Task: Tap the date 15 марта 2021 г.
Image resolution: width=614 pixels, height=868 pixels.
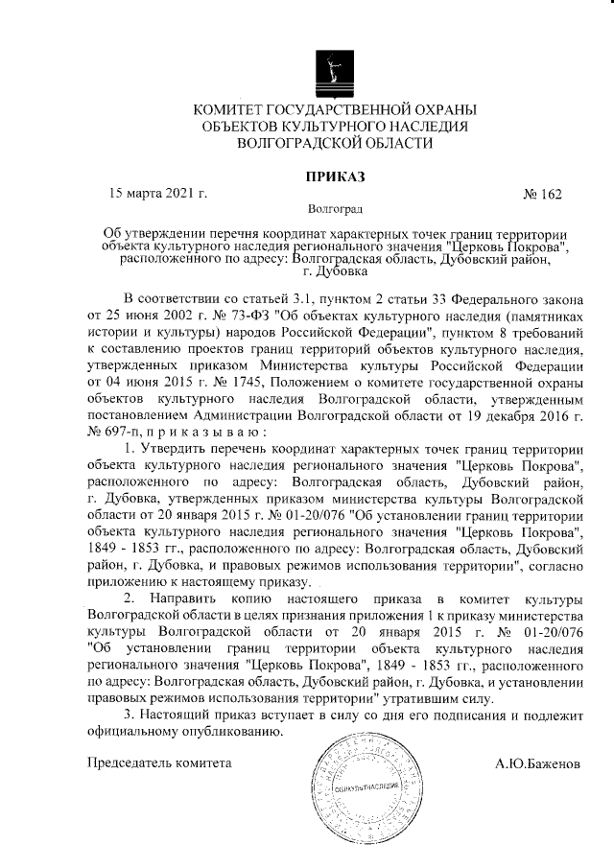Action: click(158, 193)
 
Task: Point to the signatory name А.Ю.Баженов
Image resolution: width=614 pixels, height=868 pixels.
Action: click(537, 764)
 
